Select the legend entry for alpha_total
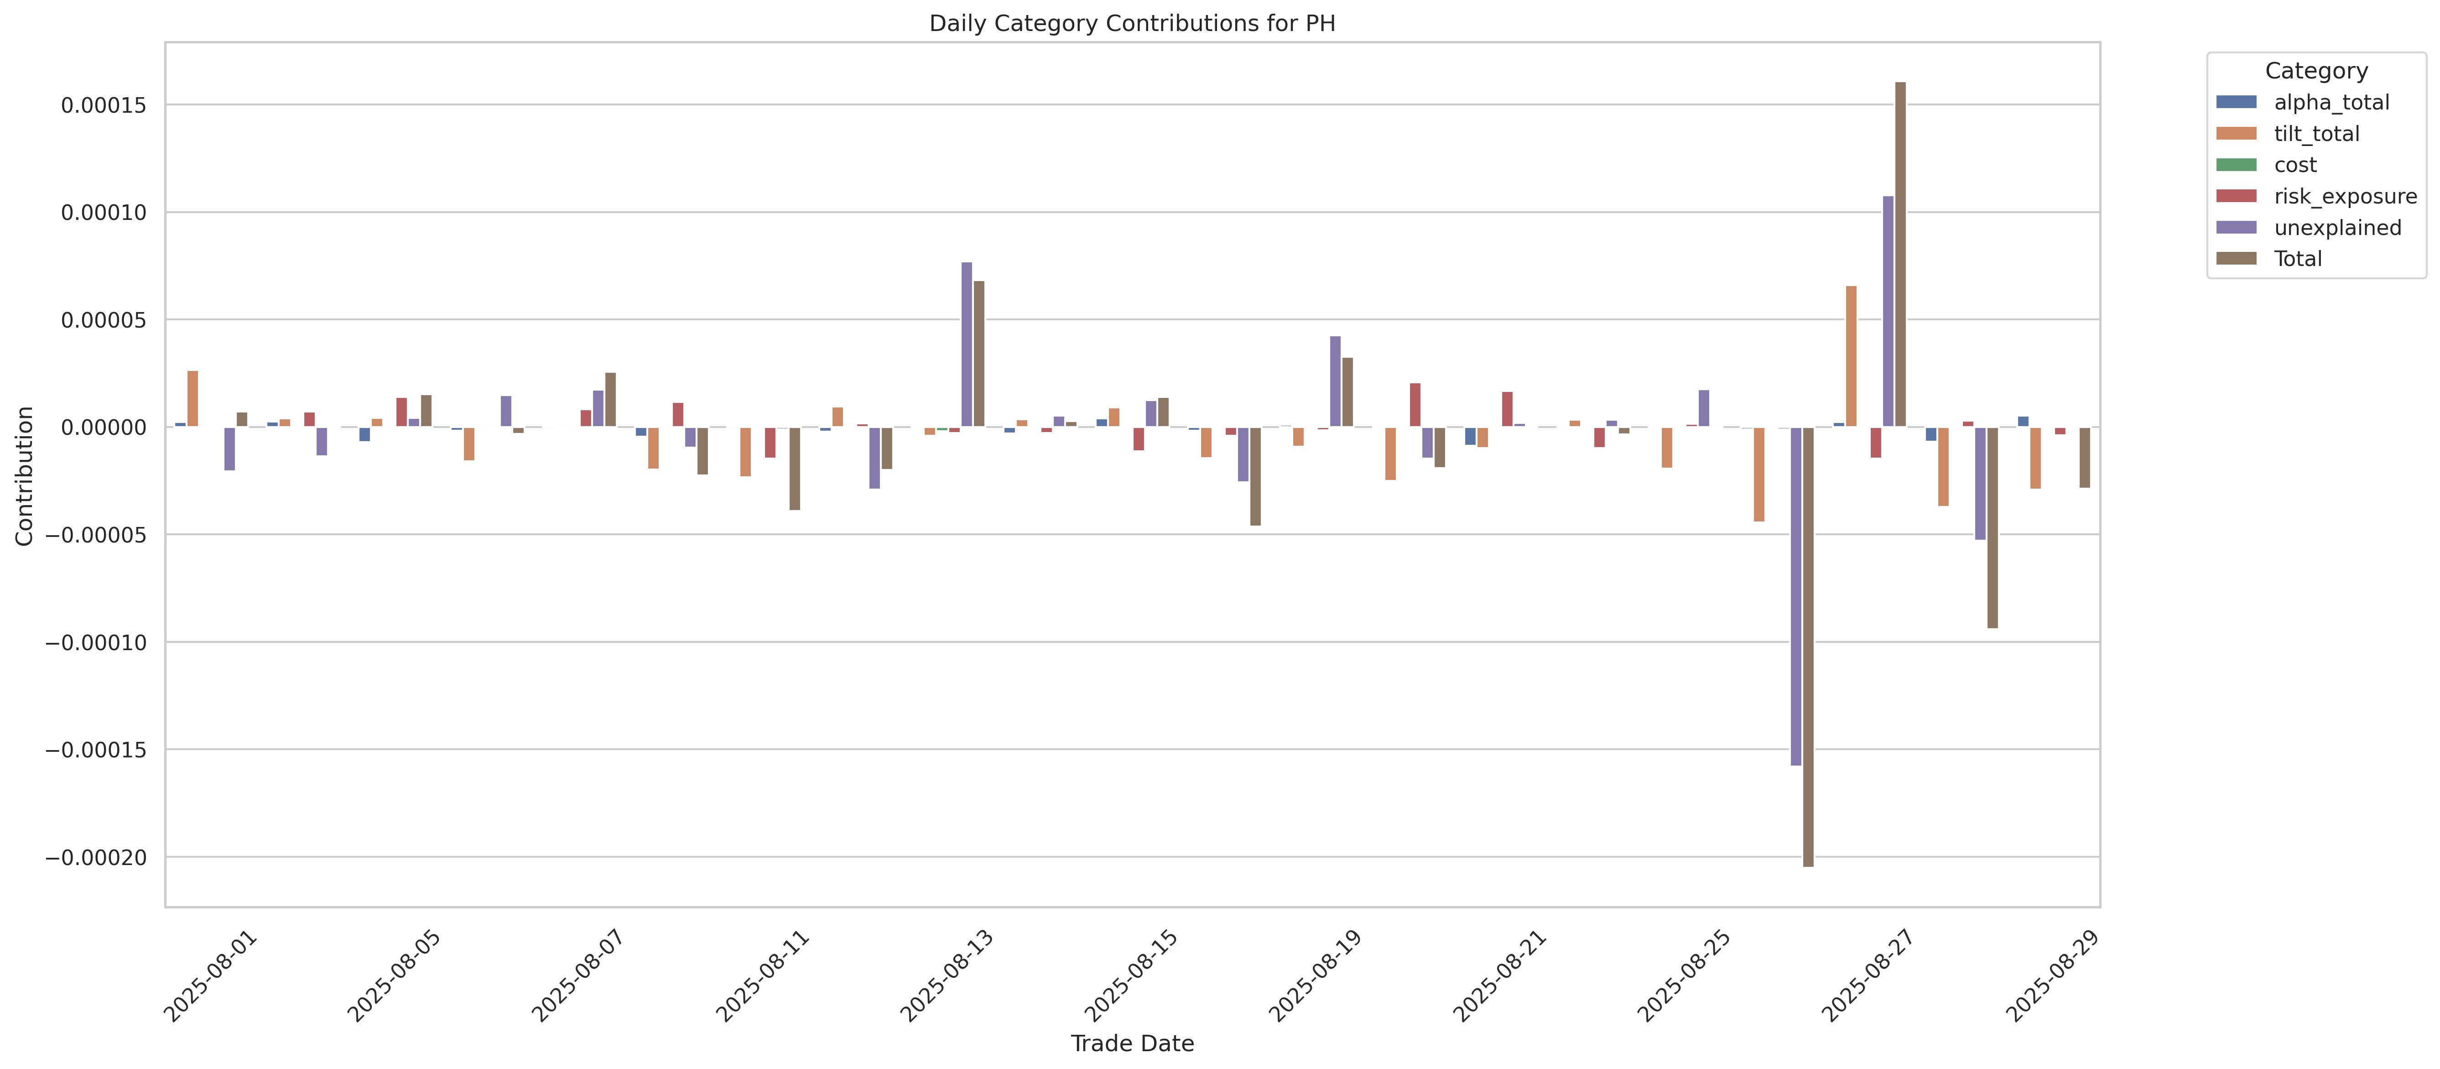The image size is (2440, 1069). tap(2331, 102)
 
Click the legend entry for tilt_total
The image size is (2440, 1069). tap(2316, 134)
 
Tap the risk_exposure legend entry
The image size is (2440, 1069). tap(2344, 196)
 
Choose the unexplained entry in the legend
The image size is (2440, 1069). tap(2337, 228)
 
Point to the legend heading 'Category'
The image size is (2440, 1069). tap(2316, 71)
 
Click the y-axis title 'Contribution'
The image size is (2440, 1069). tap(25, 476)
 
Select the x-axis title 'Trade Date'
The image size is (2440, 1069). tap(1132, 1043)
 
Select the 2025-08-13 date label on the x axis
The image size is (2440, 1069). tap(947, 976)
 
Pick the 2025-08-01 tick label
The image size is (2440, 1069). tap(210, 976)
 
